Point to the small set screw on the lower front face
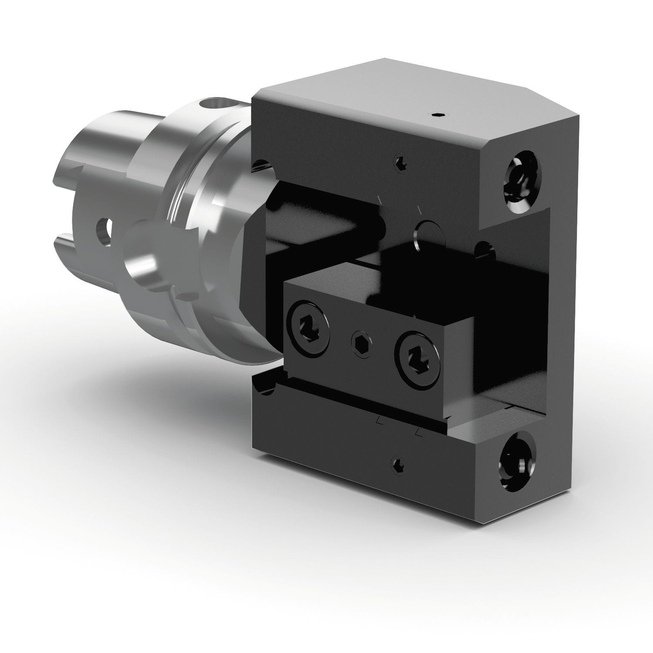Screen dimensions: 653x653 tap(397, 465)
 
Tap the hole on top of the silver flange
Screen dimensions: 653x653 tap(213, 105)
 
